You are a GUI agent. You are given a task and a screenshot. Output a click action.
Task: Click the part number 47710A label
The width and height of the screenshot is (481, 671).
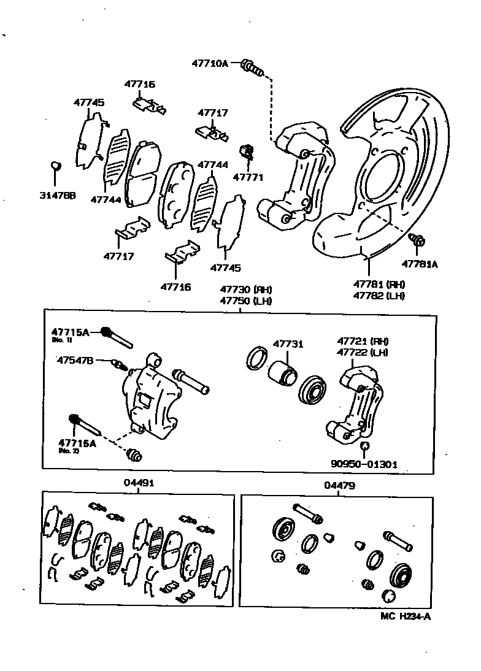coord(209,63)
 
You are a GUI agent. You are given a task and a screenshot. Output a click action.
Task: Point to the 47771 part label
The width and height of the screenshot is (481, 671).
coord(248,177)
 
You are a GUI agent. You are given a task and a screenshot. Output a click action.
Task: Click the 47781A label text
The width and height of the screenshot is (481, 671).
coord(420,264)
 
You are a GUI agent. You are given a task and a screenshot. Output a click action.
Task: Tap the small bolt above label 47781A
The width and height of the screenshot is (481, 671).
coord(417,241)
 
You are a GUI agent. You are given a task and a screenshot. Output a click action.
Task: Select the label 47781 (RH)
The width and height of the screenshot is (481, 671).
coord(379,284)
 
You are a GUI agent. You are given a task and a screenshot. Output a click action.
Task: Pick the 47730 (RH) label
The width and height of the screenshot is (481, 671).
coord(246,289)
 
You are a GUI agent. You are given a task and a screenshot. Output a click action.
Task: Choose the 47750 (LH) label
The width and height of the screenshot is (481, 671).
coord(246,301)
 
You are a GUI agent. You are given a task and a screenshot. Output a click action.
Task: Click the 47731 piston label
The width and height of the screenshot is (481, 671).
coord(288,345)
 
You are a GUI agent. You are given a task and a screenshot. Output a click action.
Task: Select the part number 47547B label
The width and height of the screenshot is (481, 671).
coord(75,361)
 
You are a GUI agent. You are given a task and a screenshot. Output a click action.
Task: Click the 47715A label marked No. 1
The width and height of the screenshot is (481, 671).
coord(71,332)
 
